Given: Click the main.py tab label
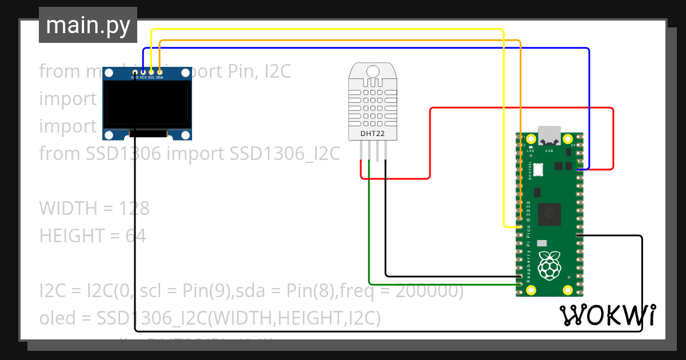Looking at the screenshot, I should (88, 26).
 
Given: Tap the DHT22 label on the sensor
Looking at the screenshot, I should (373, 134).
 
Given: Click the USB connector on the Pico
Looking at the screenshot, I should (549, 135).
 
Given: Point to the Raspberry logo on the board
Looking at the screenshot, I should (549, 265).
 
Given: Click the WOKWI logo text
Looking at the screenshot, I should (608, 315).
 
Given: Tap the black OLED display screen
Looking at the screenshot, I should (147, 103).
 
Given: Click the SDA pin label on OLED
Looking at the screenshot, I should (159, 77).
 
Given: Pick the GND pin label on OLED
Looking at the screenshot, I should (134, 77).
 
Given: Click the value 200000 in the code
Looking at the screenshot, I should (429, 291).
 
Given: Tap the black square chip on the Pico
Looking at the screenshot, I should (549, 213).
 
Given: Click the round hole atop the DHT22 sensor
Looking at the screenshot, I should (373, 71).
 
